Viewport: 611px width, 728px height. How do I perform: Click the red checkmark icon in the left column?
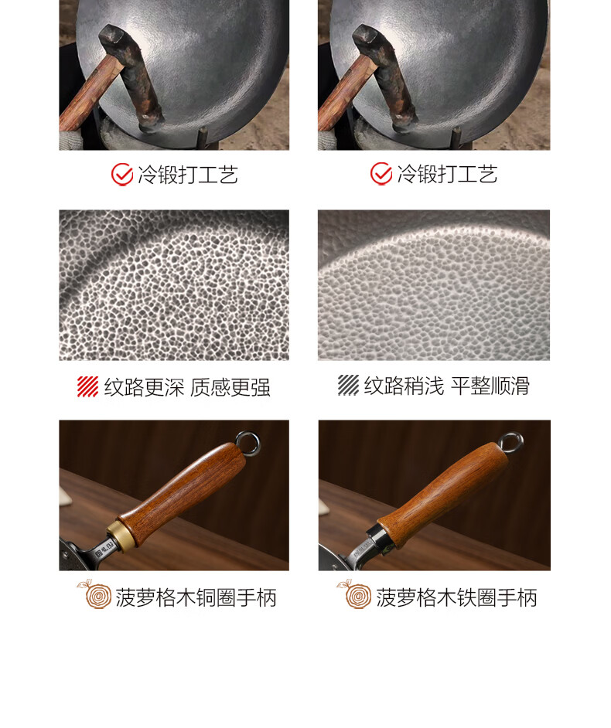122,175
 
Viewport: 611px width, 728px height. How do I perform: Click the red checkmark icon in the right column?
381,174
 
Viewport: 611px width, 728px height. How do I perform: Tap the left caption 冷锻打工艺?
188,175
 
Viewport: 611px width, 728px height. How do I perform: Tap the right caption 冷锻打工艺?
447,174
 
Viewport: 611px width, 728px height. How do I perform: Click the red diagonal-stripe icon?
88,386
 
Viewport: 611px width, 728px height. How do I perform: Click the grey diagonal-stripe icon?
349,386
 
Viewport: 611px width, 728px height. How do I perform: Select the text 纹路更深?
144,387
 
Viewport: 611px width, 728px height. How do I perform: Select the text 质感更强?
230,387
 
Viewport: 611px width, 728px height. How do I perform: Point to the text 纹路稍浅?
404,386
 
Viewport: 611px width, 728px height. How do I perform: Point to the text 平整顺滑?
490,386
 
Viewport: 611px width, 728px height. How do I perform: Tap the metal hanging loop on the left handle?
247,443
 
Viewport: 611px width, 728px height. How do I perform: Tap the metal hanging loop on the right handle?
510,444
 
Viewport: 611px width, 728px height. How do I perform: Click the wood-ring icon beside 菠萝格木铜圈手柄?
94,594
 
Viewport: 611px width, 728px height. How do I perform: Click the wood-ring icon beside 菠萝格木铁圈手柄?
354,594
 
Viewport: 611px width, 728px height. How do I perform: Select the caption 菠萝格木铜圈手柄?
196,597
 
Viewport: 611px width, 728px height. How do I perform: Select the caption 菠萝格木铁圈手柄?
456,597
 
